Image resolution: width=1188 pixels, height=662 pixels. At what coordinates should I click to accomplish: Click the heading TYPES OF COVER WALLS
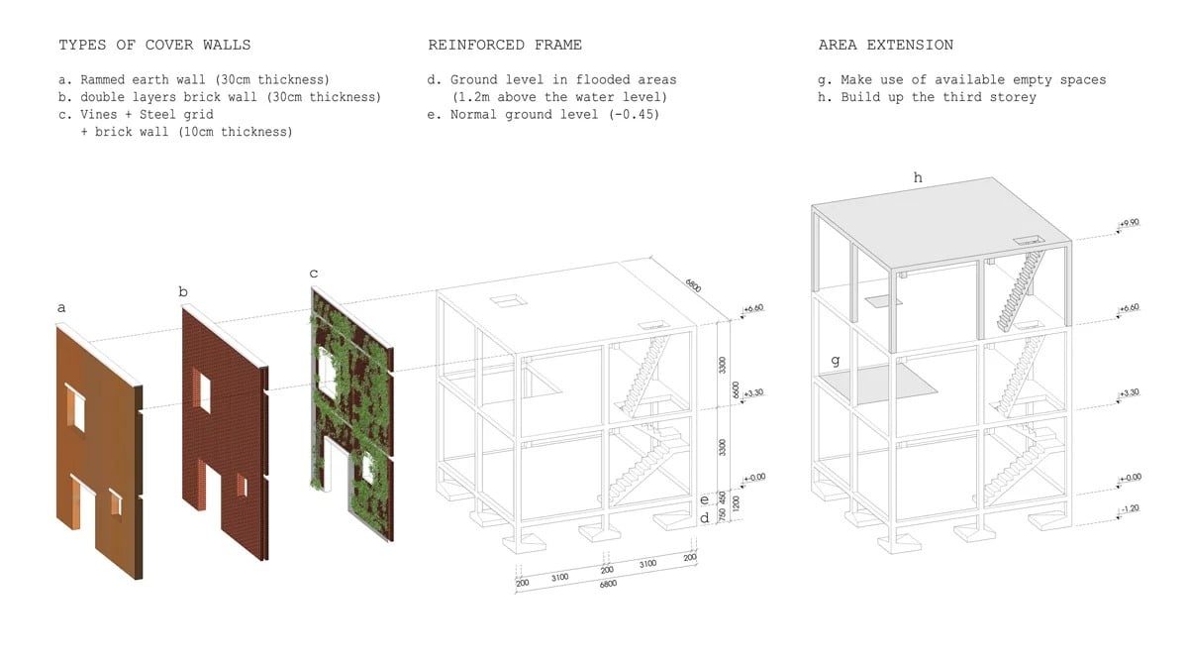click(154, 45)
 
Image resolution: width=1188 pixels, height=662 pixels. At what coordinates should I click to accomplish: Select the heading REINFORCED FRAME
click(505, 45)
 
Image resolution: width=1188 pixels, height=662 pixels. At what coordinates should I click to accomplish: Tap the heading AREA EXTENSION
click(885, 45)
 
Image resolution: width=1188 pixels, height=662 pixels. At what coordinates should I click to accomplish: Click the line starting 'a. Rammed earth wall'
click(194, 79)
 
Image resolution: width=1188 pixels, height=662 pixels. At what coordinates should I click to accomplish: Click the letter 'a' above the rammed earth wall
click(61, 308)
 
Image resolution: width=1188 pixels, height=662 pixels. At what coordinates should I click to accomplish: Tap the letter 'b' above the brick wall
click(183, 291)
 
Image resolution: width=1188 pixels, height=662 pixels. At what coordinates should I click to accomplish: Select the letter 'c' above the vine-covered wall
click(314, 273)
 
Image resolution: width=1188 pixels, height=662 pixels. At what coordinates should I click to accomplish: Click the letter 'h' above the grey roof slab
click(918, 177)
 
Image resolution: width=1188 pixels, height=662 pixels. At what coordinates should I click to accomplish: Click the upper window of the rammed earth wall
click(76, 405)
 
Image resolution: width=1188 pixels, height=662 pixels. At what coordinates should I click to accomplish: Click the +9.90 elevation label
click(1130, 224)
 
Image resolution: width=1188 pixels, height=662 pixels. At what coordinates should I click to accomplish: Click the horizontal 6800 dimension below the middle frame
click(608, 585)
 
